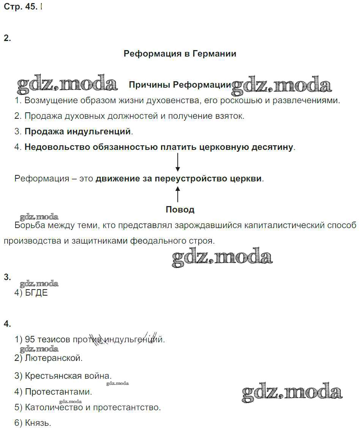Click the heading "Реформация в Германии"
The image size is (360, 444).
(180, 54)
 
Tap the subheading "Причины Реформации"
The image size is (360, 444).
(180, 85)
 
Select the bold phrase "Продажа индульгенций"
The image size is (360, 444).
(78, 132)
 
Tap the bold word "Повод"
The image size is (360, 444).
(180, 209)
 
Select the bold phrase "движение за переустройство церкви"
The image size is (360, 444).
(178, 178)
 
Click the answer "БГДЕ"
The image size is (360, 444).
(36, 293)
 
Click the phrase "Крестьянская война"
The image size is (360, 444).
(68, 376)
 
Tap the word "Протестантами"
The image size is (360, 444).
(58, 392)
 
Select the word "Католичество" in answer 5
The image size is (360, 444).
(54, 408)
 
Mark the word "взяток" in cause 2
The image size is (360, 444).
(230, 116)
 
